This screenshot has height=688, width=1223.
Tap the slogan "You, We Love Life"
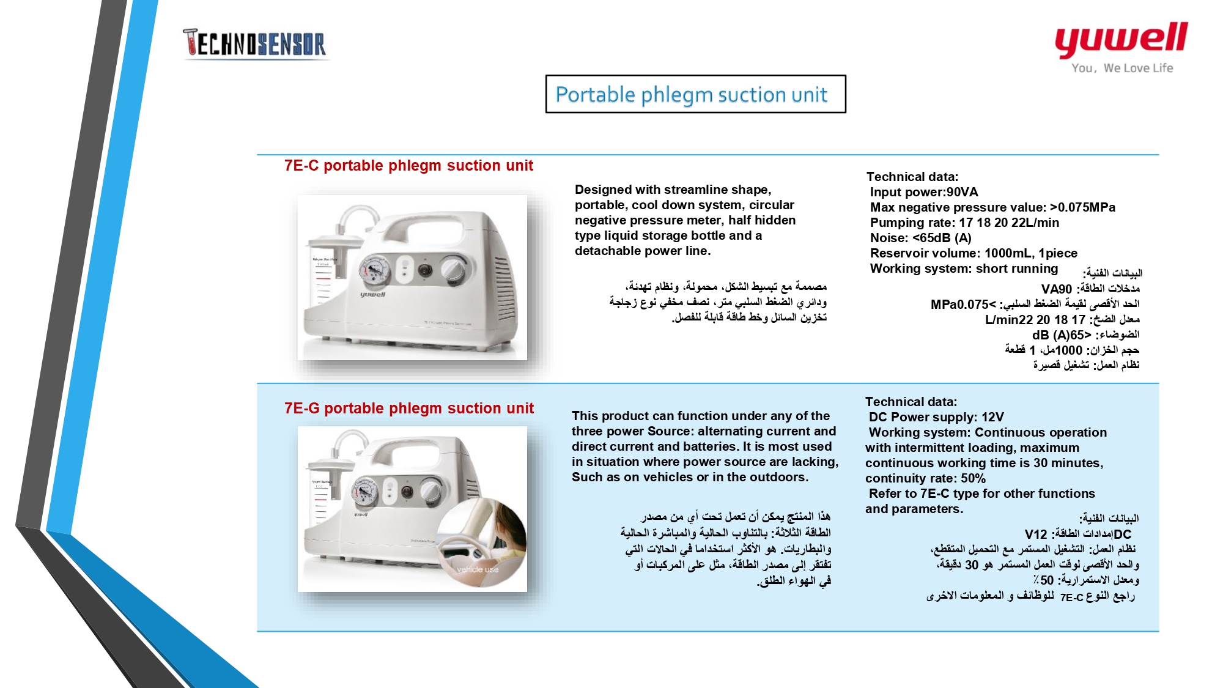1122,68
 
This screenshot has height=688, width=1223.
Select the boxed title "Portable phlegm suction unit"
695,94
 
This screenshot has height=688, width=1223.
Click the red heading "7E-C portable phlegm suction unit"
408,166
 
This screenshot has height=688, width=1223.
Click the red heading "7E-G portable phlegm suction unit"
408,409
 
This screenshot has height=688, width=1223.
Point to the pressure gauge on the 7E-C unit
374,269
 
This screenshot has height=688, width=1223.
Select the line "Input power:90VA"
924,192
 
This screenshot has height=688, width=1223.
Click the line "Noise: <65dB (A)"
920,238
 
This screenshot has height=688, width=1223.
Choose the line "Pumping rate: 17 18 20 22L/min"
964,223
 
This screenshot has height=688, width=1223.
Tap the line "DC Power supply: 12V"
936,417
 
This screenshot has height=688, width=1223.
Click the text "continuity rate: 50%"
925,478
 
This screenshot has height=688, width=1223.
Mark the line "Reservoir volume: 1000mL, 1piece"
974,253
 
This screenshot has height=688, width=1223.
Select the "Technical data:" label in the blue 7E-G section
911,402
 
